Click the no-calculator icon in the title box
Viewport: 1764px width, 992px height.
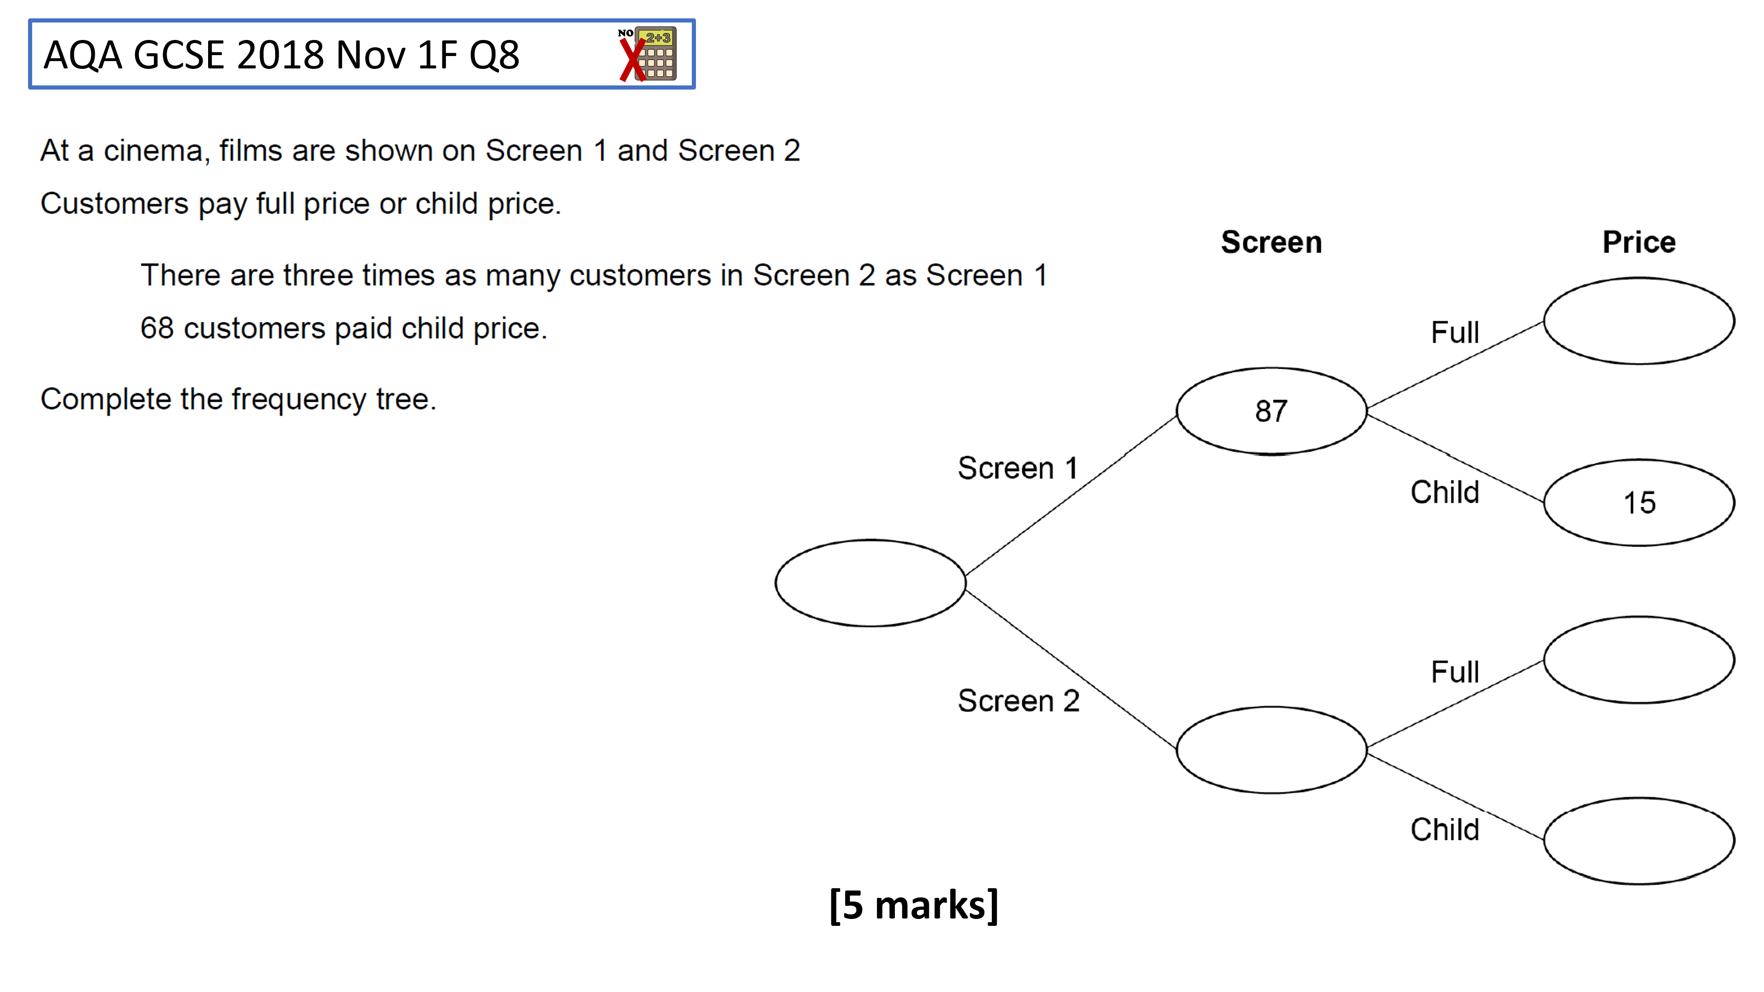(x=647, y=54)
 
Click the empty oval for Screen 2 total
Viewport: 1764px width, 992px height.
(x=1272, y=707)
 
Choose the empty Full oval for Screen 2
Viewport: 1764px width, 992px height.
(x=1639, y=618)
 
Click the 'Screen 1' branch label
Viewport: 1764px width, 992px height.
(x=1018, y=469)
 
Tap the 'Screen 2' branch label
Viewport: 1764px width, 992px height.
(x=1018, y=701)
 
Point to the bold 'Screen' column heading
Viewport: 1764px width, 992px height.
(x=1272, y=242)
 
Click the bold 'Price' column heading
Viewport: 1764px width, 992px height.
(x=1639, y=242)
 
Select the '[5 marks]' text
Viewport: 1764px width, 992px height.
(x=914, y=905)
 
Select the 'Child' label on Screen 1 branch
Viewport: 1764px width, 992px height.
(x=1445, y=492)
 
